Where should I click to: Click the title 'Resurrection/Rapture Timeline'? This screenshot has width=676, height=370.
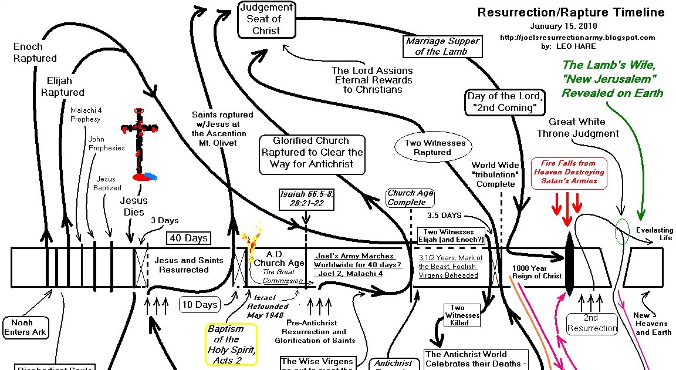pos(570,12)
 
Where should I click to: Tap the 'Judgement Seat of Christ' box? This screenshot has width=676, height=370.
pos(266,19)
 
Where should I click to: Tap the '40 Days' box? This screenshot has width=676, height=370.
pos(188,238)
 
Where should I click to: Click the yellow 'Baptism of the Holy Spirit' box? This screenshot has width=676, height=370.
pos(231,344)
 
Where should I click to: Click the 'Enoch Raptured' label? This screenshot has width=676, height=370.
pos(35,52)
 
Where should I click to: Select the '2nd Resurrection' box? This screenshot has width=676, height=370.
pos(592,324)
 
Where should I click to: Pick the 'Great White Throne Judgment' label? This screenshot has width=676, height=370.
pos(577,127)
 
